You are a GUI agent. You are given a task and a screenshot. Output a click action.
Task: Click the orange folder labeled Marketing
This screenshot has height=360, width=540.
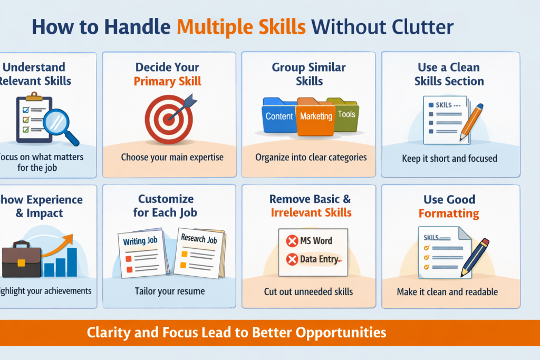pos(316,116)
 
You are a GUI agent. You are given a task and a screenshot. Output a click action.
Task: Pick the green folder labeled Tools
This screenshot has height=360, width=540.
pos(346,113)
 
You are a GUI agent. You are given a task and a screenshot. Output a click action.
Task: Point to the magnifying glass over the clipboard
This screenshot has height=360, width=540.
pos(60,122)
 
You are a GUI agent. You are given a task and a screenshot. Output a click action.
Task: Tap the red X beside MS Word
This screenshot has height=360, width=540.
pos(292,241)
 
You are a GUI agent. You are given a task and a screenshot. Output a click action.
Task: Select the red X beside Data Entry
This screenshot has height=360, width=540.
pos(292,259)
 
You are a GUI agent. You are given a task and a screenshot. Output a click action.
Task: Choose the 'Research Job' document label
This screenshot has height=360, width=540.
pos(199,239)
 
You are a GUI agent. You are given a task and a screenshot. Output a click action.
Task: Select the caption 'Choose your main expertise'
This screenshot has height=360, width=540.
pos(172,157)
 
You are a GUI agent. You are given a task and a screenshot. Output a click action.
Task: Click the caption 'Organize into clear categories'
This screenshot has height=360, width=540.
pos(311,157)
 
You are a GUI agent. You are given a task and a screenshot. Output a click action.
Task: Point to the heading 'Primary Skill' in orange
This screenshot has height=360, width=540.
pos(167,81)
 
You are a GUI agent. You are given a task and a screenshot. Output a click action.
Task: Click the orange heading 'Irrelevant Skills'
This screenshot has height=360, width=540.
pos(311,213)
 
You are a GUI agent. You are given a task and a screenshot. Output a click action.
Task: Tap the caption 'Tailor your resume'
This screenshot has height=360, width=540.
pos(169,291)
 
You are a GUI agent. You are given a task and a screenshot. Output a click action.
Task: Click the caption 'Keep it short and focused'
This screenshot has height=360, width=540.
pos(449,158)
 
